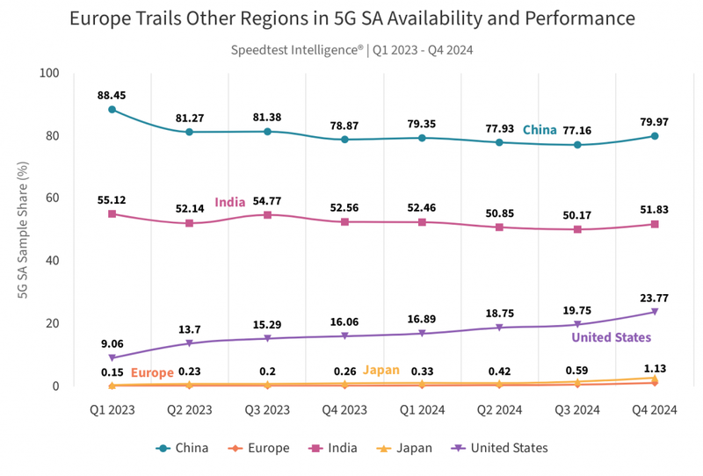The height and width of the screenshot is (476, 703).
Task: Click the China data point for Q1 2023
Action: [x=112, y=110]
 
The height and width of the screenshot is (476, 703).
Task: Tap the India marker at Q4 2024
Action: [x=655, y=224]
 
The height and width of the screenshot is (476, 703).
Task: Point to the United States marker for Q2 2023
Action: [x=190, y=343]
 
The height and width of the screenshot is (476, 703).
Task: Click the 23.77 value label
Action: [x=655, y=296]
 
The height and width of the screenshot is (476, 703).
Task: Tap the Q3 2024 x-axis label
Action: [x=577, y=408]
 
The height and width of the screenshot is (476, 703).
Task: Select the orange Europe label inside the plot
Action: [x=153, y=372]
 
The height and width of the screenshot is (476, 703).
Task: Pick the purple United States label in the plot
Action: [x=612, y=337]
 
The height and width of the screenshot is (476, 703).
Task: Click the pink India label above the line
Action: [x=230, y=202]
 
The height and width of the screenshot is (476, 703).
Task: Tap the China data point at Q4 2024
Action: [x=655, y=136]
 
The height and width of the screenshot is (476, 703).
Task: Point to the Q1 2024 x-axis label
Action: [x=423, y=408]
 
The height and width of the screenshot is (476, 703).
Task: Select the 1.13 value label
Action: [x=655, y=368]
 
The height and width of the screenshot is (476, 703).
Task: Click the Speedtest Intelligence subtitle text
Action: [x=351, y=50]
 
